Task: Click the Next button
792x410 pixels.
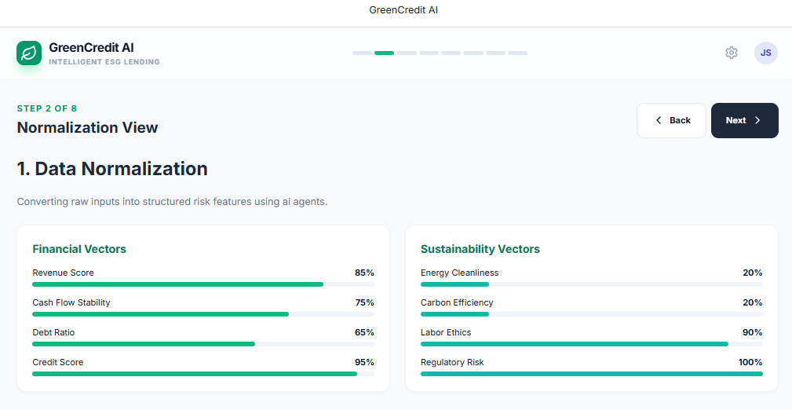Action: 744,120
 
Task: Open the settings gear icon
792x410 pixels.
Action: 732,53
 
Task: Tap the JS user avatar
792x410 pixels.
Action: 766,53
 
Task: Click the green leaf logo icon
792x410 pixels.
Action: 29,53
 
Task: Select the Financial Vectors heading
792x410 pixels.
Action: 79,249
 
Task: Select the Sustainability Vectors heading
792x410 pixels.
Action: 480,249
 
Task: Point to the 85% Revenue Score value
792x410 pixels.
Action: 364,273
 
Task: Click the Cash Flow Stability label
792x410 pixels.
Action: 71,302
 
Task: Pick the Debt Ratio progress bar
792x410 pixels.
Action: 203,344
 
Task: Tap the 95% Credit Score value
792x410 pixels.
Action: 364,362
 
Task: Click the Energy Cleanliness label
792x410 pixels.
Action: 459,273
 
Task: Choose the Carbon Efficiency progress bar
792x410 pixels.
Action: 591,314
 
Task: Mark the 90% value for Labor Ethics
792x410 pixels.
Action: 752,332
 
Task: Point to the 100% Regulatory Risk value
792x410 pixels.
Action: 750,362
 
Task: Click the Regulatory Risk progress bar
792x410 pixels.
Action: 591,374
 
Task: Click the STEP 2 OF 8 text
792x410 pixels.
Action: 47,108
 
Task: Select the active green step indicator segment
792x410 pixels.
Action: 384,53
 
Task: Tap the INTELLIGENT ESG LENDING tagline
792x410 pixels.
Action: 104,62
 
